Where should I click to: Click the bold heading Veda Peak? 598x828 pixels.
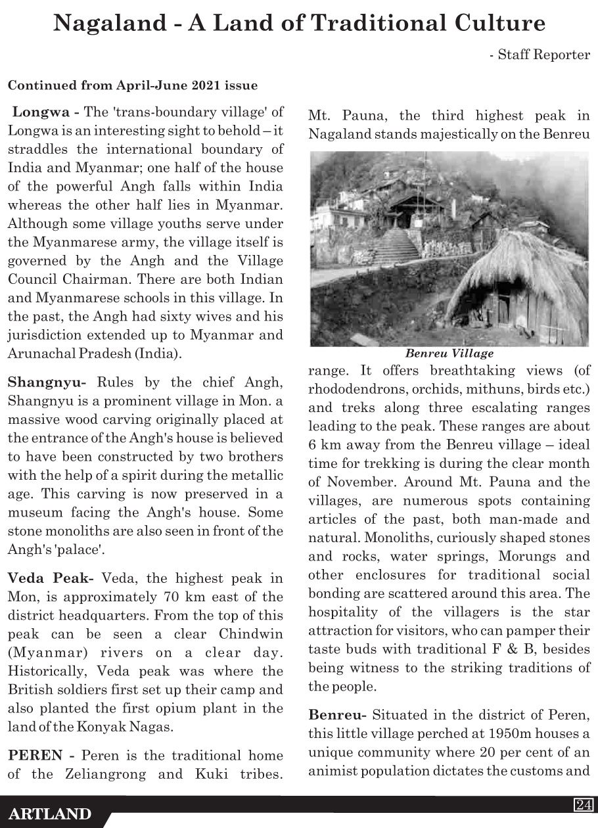[49, 579]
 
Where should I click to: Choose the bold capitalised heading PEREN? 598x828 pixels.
[32, 756]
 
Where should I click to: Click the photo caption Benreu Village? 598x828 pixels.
[449, 353]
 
